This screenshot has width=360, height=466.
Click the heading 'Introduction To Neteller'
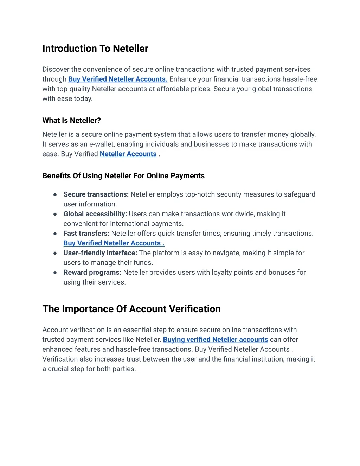[x=95, y=49]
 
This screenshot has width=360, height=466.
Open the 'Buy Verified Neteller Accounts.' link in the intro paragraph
[x=118, y=79]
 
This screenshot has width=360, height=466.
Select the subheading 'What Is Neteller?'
[x=71, y=121]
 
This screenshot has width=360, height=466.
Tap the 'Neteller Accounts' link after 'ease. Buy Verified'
[x=128, y=154]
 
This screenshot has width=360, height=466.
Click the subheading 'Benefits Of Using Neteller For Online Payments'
[x=123, y=176]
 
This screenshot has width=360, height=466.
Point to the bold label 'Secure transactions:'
[x=96, y=194]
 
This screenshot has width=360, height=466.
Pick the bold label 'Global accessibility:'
[x=95, y=214]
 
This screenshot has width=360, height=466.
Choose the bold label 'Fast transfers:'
[x=86, y=234]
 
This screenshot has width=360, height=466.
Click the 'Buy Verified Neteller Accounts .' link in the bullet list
[x=114, y=243]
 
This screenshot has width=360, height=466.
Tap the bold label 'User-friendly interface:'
[x=100, y=253]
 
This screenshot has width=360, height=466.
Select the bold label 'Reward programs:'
[x=92, y=273]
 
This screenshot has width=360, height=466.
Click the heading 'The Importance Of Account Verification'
[x=131, y=309]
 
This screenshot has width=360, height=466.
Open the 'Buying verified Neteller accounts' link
[x=216, y=340]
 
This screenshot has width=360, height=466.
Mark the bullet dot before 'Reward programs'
[x=55, y=273]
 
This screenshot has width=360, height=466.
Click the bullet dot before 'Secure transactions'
[x=55, y=194]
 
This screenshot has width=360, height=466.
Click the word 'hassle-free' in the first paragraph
[x=300, y=79]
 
